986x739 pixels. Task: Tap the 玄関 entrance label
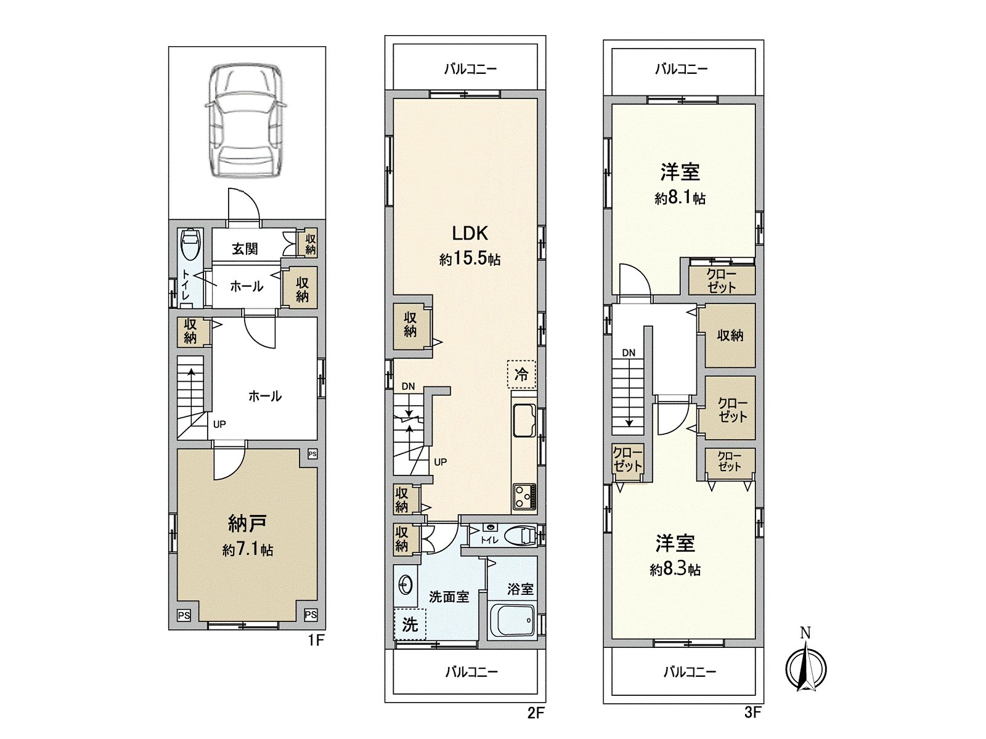coord(245,249)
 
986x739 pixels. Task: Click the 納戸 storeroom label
coord(247,524)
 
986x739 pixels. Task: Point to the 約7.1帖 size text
coord(247,549)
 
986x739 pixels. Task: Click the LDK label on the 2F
coord(470,233)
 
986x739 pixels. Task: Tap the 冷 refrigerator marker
coord(521,374)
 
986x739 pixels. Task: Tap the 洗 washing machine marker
coord(410,625)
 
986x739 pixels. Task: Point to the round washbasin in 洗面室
coord(405,584)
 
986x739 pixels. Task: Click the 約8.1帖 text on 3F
coord(680,198)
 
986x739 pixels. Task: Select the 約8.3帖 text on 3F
coord(675,570)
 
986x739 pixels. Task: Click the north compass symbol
coord(805,667)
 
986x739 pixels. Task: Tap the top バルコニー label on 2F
coord(470,69)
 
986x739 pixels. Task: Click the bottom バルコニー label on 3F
coord(689,671)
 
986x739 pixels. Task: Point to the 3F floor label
coord(752,713)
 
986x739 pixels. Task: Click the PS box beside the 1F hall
coord(312,454)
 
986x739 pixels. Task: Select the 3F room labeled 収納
coord(730,336)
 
